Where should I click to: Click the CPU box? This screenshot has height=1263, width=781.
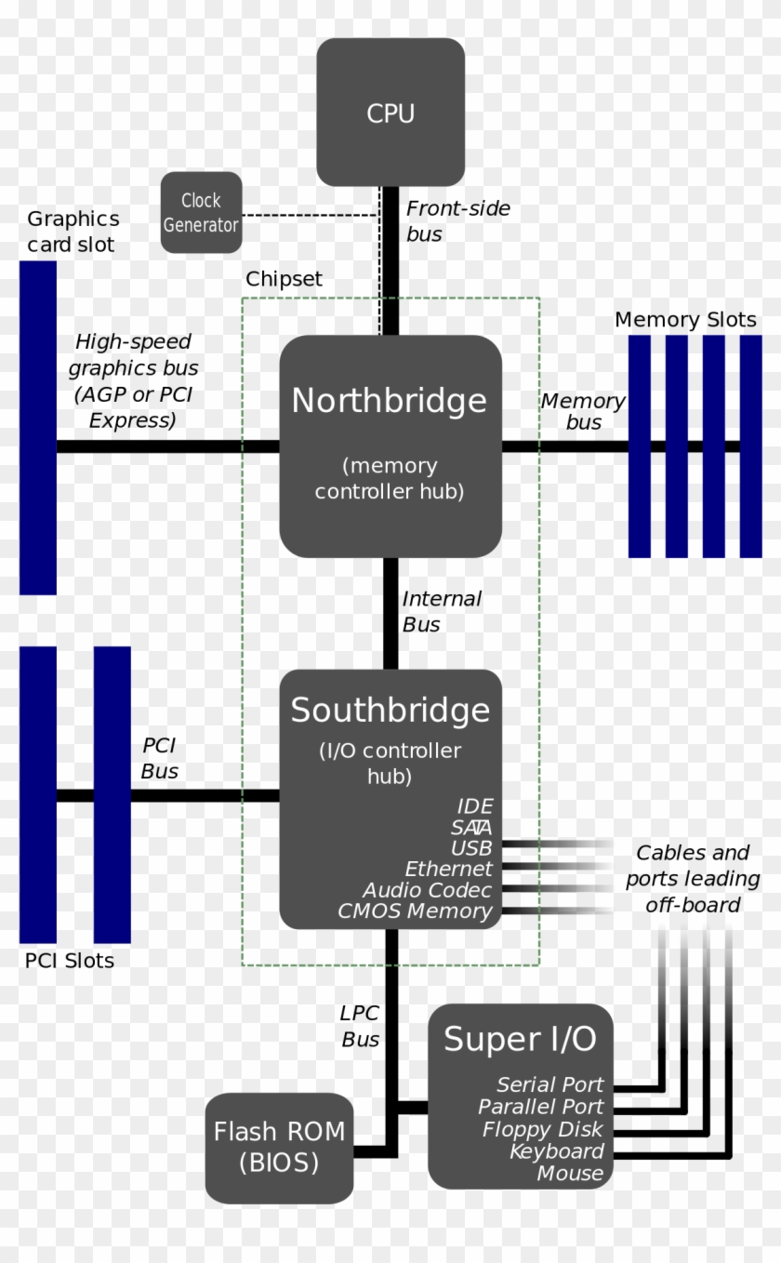click(390, 113)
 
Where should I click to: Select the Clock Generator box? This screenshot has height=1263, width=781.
click(201, 212)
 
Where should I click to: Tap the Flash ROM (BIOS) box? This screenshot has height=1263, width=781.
click(279, 1147)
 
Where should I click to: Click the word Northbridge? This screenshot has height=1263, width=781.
click(389, 401)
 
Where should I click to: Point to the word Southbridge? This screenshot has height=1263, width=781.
click(390, 711)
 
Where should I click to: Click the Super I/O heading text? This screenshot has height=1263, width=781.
click(520, 1039)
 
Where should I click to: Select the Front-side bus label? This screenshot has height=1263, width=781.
click(457, 221)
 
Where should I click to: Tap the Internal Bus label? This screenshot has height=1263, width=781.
click(441, 612)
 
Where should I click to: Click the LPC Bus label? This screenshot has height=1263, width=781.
click(360, 1027)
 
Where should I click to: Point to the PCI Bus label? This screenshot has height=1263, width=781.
click(159, 758)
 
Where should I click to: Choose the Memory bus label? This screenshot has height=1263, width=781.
click(583, 411)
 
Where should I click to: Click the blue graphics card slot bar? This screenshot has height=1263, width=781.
click(38, 428)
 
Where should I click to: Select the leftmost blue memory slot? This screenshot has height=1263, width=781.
click(640, 446)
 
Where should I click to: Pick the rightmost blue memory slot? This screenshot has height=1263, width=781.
click(750, 446)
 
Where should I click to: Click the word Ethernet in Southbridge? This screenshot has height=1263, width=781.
click(448, 869)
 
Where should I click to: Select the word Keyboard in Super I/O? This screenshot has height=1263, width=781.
click(556, 1151)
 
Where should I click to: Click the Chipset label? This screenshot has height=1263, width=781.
click(284, 279)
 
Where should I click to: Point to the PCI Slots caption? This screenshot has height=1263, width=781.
click(70, 961)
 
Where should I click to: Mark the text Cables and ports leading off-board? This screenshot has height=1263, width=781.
click(693, 879)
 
